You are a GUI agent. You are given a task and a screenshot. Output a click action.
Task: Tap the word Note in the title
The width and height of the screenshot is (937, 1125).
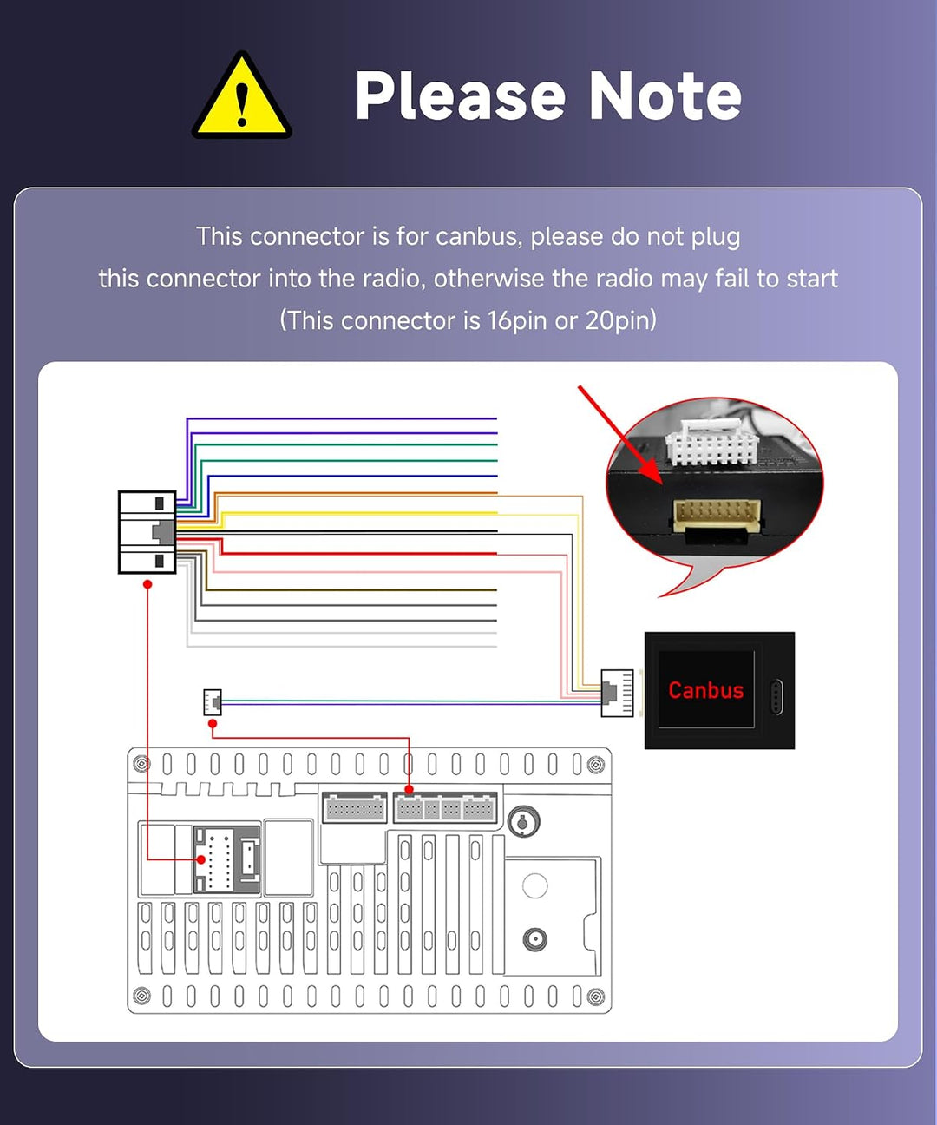point(665,96)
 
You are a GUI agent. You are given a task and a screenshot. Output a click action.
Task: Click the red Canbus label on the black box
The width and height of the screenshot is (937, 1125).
point(705,690)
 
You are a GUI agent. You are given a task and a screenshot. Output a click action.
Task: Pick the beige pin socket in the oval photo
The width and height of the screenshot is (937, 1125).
point(717,515)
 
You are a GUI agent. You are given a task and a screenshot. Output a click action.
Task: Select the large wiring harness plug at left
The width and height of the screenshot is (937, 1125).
point(147,532)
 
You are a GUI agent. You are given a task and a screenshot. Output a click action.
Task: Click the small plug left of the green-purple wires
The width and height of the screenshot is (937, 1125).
point(213,702)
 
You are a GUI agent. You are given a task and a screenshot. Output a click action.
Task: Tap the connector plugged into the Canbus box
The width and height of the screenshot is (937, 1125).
point(617,693)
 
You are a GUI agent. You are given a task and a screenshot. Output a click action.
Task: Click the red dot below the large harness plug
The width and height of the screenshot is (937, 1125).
point(147,584)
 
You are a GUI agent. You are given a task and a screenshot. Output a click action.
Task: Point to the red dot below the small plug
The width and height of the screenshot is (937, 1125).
point(213,724)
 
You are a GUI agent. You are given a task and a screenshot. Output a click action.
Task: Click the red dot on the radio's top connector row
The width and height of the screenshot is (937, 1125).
point(409,790)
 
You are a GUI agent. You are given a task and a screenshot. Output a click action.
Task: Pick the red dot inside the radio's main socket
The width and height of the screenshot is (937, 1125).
point(201,860)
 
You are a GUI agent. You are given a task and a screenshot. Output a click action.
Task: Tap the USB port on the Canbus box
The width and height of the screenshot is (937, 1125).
point(776,698)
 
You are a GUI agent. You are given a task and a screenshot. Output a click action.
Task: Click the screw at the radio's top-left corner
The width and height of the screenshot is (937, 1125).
point(141,764)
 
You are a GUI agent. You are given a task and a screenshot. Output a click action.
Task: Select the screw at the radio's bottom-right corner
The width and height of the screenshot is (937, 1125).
point(595,997)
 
